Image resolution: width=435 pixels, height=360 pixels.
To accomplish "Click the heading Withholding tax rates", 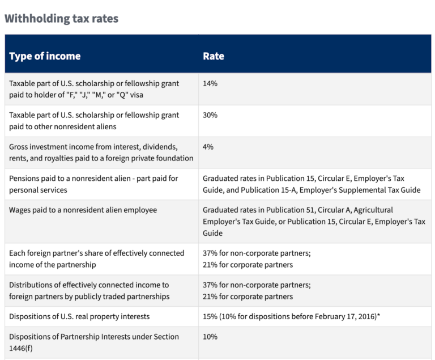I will pyautogui.click(x=61, y=18).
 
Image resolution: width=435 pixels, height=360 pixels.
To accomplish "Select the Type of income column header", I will pyautogui.click(x=45, y=56).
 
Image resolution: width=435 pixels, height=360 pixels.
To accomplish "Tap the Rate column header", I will pyautogui.click(x=214, y=56).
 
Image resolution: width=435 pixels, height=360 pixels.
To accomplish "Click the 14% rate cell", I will pyautogui.click(x=210, y=83).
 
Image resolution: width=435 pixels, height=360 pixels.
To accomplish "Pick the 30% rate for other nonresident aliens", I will pyautogui.click(x=210, y=115).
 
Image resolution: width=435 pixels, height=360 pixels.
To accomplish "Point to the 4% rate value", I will pyautogui.click(x=208, y=147).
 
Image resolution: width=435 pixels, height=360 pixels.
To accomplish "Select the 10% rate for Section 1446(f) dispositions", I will pyautogui.click(x=210, y=337).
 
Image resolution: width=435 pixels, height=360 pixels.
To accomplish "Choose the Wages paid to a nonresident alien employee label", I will pyautogui.click(x=83, y=210).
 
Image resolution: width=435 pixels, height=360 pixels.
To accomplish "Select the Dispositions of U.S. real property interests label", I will pyautogui.click(x=87, y=316).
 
